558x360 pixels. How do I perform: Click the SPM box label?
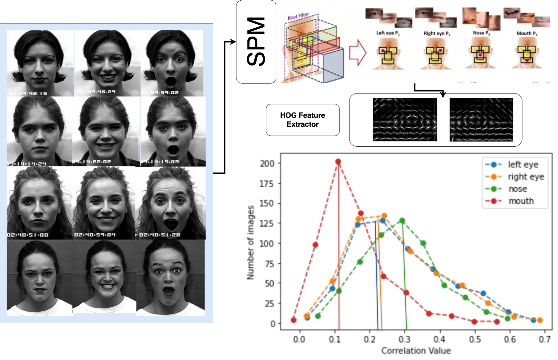click(x=256, y=42)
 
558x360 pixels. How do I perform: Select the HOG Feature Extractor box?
click(x=303, y=120)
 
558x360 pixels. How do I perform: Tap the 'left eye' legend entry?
click(x=523, y=164)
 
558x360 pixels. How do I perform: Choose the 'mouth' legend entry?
click(x=521, y=201)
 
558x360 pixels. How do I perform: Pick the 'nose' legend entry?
click(x=518, y=189)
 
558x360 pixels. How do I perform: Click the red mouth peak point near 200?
click(x=338, y=162)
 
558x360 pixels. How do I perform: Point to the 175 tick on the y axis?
click(x=267, y=183)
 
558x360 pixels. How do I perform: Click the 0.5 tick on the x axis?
click(x=475, y=339)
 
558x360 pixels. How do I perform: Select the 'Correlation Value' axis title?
click(x=416, y=351)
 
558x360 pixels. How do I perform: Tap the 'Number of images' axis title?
click(x=250, y=243)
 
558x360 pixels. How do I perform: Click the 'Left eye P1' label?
click(x=388, y=33)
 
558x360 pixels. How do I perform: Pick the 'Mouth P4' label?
click(x=527, y=33)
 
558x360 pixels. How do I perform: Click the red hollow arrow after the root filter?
click(x=357, y=53)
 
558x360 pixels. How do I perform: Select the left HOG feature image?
click(x=405, y=119)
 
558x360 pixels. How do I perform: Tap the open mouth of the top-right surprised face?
click(x=171, y=81)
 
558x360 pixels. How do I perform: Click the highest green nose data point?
click(x=402, y=221)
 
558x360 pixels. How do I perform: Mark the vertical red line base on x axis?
click(x=339, y=329)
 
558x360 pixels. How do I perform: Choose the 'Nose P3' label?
click(x=481, y=33)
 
